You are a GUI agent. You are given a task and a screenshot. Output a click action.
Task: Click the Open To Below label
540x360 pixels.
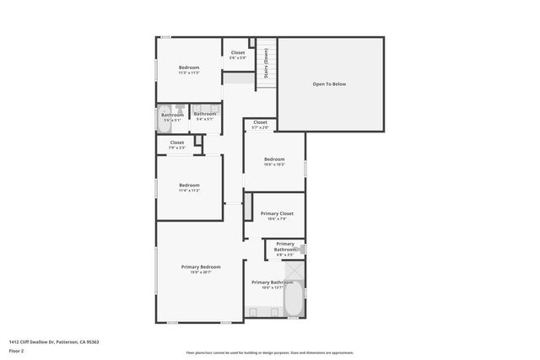pyautogui.click(x=329, y=84)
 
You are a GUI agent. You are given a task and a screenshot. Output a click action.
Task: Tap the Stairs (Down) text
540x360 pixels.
pyautogui.click(x=266, y=62)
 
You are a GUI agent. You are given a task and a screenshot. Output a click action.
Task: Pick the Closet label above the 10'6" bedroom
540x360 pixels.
pyautogui.click(x=260, y=123)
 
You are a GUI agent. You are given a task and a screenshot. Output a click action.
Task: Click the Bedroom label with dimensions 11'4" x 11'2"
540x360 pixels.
pyautogui.click(x=189, y=185)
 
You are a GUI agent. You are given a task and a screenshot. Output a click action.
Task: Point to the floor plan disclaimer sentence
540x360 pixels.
pyautogui.click(x=270, y=352)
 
